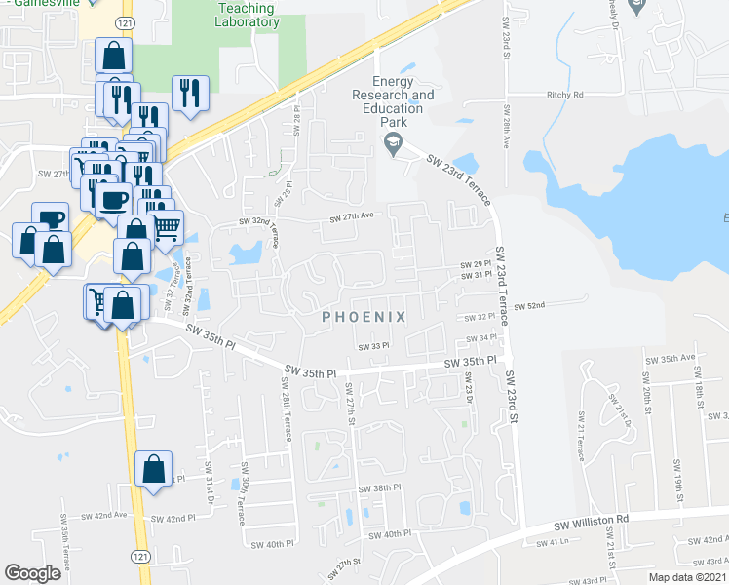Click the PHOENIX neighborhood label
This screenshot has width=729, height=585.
pos(364,317)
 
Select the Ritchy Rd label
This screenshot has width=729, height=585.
pos(564,95)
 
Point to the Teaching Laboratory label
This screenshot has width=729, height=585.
pos(241,14)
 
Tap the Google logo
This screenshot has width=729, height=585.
pos(32,572)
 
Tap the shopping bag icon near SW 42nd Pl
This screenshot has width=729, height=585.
pos(154,470)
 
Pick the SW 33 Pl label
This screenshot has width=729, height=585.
pos(373,346)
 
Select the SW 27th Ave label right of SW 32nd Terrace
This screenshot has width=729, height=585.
pos(352,216)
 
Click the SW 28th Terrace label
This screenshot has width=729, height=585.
pos(288,416)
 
